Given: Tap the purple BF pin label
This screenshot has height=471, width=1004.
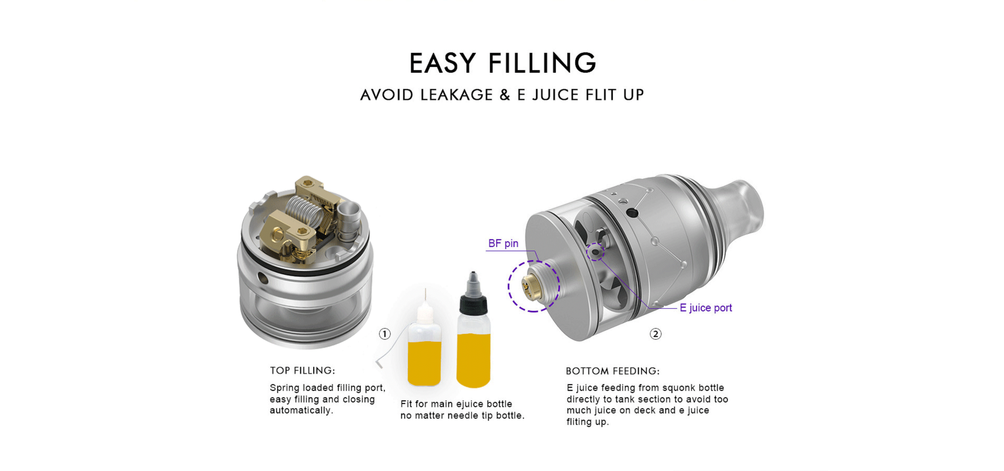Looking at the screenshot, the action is coord(503,243).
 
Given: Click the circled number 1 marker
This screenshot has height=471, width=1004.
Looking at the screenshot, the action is coord(385,334).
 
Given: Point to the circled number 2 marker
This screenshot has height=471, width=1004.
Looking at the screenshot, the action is coord(656,334).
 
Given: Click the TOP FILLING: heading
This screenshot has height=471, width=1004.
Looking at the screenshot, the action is coord(303,370).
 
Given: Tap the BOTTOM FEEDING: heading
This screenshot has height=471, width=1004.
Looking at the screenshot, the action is coord(613,371).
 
